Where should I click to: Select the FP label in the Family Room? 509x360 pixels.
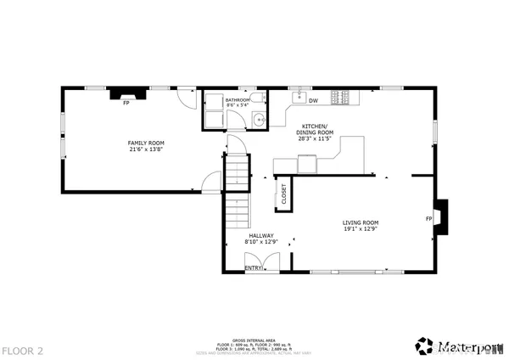coord(126,104)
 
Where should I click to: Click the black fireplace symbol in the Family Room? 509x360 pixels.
coord(125,94)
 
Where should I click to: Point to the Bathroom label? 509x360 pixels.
coord(238,100)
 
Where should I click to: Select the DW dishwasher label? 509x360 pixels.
coord(313,101)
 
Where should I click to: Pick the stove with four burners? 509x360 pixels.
coord(340,98)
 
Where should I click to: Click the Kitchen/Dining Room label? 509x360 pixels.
coord(315,129)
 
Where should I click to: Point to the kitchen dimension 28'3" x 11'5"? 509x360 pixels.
coord(315,139)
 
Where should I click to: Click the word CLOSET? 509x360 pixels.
coord(283,194)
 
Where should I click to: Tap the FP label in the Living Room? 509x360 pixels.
coord(428,219)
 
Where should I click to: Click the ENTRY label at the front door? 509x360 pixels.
coord(253,267)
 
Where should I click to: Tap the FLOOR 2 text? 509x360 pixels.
coord(22,349)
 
